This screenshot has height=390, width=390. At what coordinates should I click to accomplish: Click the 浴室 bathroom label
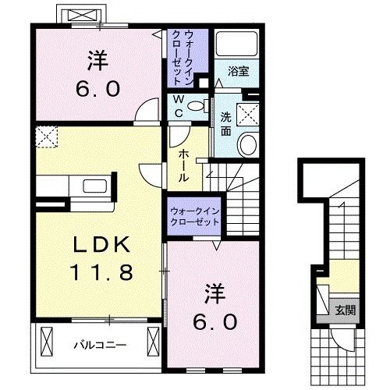coord(238,72)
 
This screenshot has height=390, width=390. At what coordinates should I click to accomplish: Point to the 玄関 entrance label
coord(346,310)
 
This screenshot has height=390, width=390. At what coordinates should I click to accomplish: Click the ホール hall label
coord(183,165)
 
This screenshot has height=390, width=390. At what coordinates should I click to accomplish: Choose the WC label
coord(179,106)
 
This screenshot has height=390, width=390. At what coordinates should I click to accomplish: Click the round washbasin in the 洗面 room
coord(249,144)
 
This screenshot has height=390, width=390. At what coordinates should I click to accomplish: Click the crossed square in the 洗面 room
coord(250,114)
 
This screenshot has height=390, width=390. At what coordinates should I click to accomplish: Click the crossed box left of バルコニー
coord(45,341)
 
